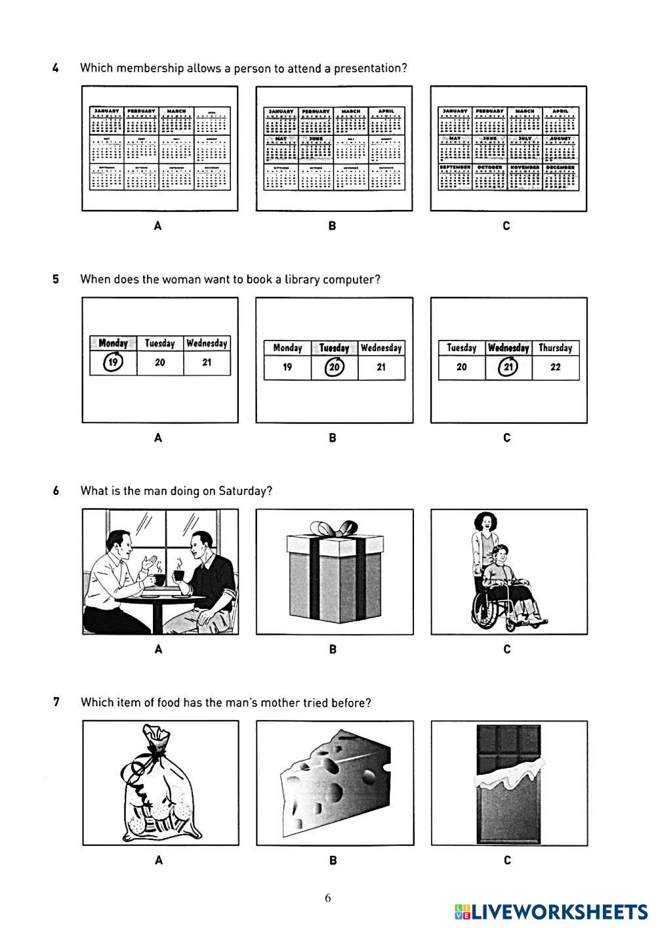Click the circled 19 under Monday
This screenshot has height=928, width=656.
tap(113, 362)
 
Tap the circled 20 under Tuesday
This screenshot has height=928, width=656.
tap(334, 367)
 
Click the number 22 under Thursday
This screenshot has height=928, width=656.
tap(556, 367)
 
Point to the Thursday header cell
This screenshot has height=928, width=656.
tap(556, 348)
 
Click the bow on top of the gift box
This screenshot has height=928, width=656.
tap(334, 528)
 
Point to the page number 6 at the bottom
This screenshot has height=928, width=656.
tap(328, 898)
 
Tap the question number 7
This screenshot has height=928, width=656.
tap(56, 702)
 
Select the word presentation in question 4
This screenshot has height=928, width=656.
tap(371, 68)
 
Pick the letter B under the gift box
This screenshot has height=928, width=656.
tap(333, 649)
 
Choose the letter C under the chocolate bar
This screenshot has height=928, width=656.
tap(507, 860)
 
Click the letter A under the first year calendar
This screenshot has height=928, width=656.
tap(157, 226)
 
